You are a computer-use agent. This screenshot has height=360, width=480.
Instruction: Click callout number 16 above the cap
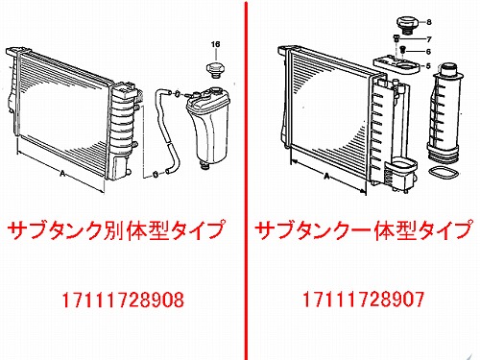point(216,44)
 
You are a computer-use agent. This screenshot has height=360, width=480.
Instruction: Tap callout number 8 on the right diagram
point(429,22)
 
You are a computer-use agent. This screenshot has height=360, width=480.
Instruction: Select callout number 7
point(429,39)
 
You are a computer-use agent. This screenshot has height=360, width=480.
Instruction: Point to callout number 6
point(428,52)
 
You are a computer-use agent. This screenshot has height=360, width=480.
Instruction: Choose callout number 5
point(428,66)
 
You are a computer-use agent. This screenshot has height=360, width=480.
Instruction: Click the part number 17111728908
point(123,300)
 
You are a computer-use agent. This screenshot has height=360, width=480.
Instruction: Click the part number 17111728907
point(364,300)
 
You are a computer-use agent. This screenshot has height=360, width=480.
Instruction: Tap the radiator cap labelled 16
point(215,70)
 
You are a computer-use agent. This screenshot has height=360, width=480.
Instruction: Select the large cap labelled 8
point(406,25)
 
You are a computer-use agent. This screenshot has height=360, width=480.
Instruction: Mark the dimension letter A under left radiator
point(62,174)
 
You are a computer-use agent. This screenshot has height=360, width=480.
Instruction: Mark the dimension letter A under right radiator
point(326,177)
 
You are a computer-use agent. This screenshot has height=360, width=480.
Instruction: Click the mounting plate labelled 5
point(396,65)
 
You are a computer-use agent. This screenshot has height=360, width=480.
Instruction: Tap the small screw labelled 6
point(403,50)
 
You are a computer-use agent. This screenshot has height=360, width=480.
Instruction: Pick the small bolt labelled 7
point(396,38)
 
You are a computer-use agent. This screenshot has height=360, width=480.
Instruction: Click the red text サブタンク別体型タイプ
point(116,229)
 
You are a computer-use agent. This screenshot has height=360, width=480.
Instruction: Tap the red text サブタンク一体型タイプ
point(364,229)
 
